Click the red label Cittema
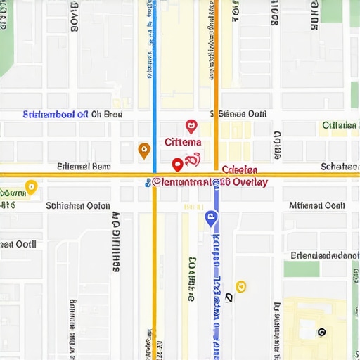coord(182,142)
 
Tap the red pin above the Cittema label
coord(191,127)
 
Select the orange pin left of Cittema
coord(144,150)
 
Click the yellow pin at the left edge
coord(31,187)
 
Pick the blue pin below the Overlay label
coord(210,219)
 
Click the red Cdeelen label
coord(240,170)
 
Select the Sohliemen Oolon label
coord(77,206)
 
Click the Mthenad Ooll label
coord(316,206)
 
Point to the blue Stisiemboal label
coord(56,114)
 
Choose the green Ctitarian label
coord(340,126)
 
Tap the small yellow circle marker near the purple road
coord(240,285)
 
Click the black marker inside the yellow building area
coord(322,332)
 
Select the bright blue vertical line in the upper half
coord(154,70)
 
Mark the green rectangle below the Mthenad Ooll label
coord(301,269)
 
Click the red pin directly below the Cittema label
coord(178,164)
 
